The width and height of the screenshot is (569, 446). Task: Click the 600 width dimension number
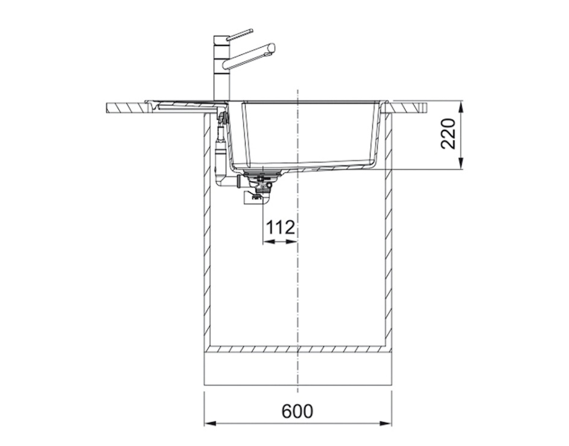(297, 411)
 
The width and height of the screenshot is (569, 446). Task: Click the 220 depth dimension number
(448, 134)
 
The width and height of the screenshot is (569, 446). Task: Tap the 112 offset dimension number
(280, 228)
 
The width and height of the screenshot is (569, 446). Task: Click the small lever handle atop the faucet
(239, 34)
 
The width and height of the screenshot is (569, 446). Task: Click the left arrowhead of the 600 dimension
(211, 424)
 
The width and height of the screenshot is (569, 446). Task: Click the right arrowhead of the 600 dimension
(386, 424)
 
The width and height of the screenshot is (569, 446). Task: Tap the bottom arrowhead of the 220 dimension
(461, 163)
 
